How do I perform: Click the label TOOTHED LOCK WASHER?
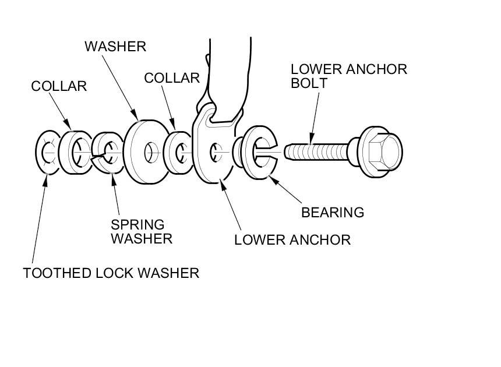(111, 273)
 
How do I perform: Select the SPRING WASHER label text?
(142, 231)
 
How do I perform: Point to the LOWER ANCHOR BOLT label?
(349, 76)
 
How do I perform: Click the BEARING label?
(332, 213)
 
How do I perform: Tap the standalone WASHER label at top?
(115, 47)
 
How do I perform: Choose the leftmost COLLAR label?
(59, 86)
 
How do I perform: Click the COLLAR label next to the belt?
(172, 77)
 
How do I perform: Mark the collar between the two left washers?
(75, 153)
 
